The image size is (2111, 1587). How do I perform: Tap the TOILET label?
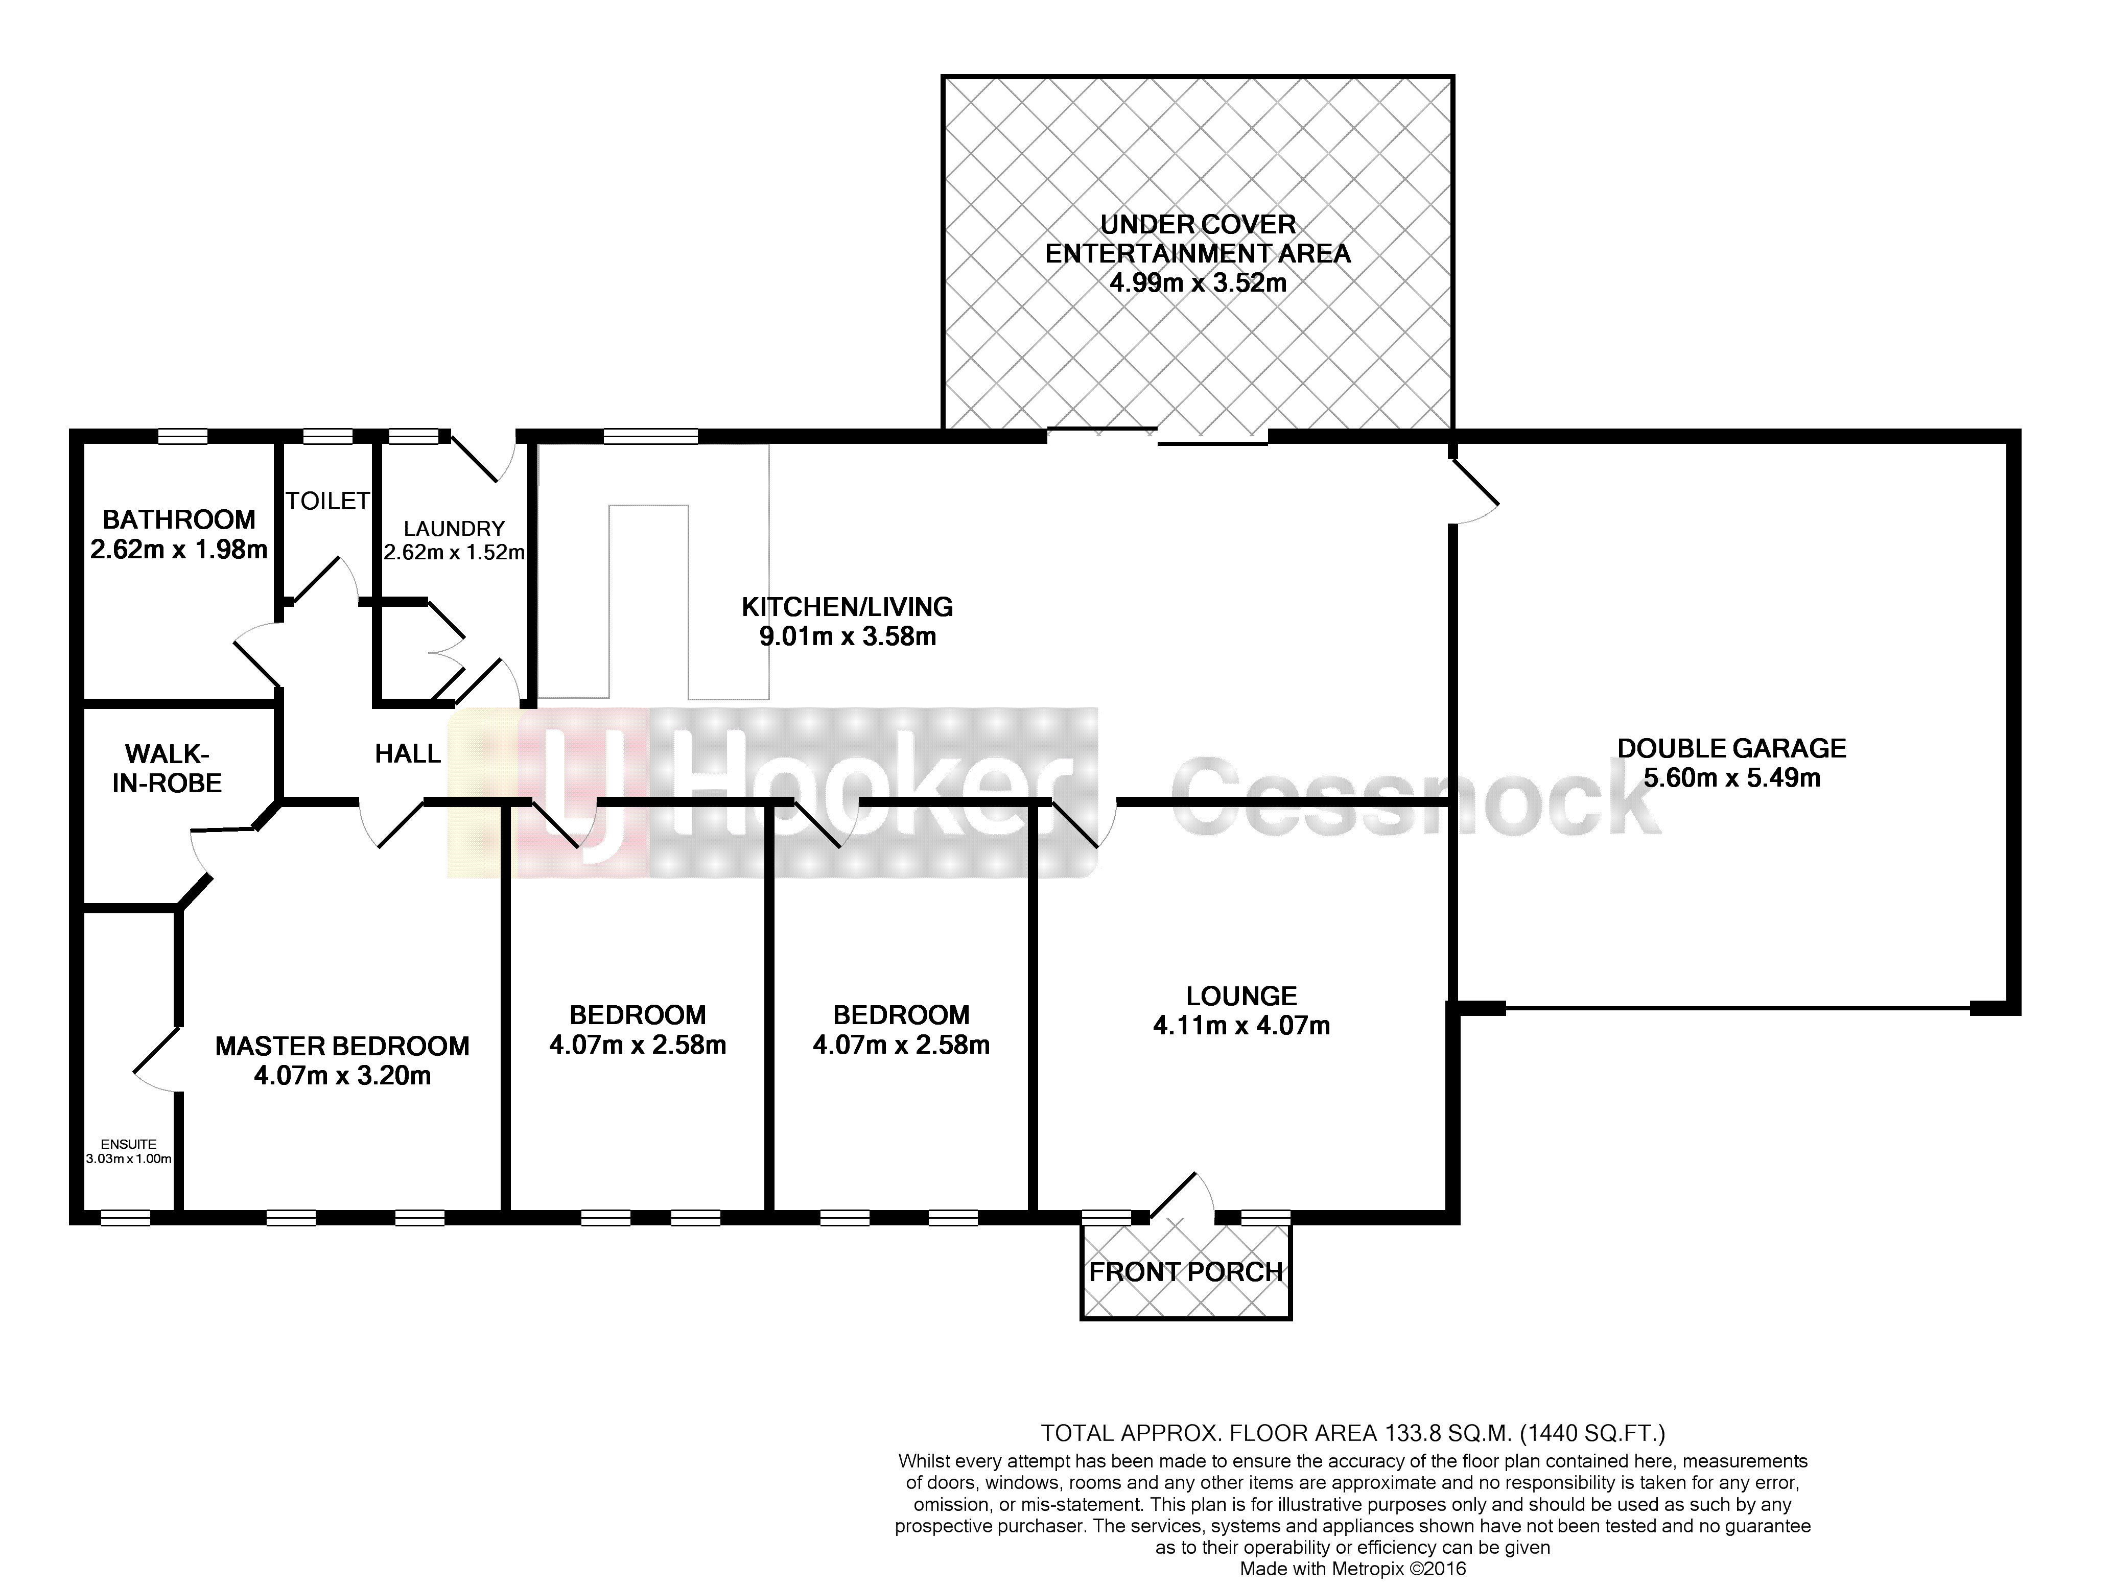[x=327, y=501]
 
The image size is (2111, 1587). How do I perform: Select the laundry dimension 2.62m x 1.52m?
[x=454, y=553]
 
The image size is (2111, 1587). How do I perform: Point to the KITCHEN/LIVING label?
[x=848, y=607]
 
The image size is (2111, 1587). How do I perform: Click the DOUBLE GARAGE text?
[x=1731, y=748]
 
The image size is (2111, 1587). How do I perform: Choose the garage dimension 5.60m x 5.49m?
[x=1731, y=778]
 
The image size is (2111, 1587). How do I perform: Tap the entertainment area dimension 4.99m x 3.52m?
[x=1198, y=283]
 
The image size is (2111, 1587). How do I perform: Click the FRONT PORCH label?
[x=1186, y=1272]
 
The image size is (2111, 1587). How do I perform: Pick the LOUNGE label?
[x=1241, y=997]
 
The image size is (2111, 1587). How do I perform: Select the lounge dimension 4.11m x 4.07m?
[x=1241, y=1026]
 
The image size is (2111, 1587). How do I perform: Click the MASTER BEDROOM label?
[x=343, y=1047]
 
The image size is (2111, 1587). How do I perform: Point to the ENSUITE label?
[x=129, y=1144]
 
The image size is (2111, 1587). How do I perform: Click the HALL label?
[x=408, y=754]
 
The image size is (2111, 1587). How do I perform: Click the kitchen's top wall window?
[x=651, y=437]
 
